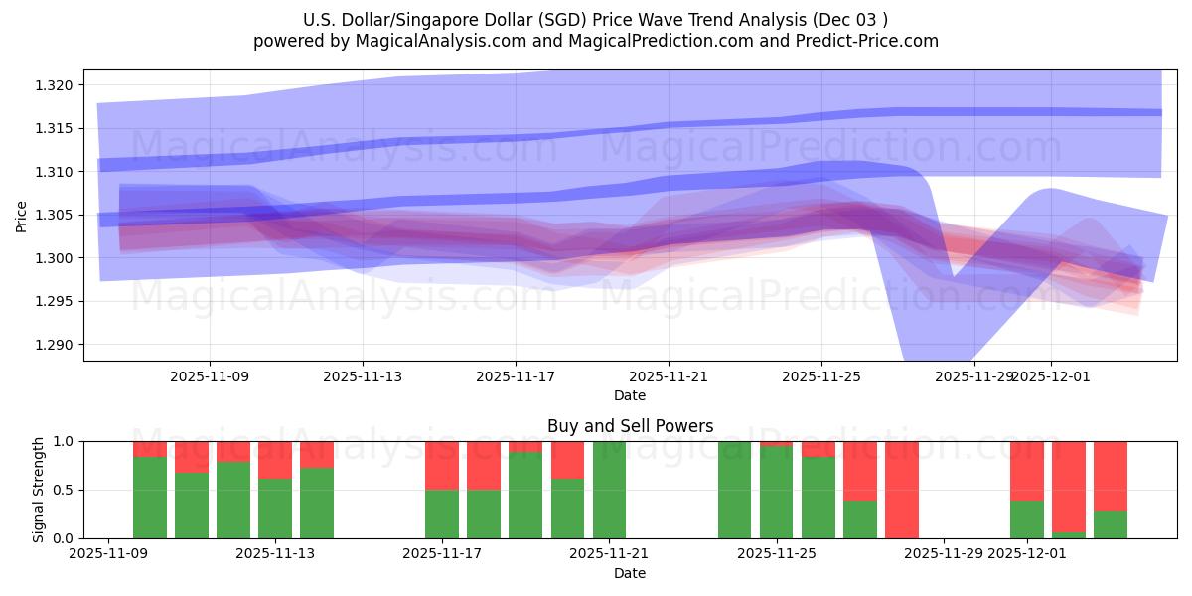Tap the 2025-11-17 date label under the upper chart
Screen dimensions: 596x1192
pyautogui.click(x=516, y=376)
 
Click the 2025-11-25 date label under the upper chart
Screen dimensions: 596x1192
pyautogui.click(x=821, y=376)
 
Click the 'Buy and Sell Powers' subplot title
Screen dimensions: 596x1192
pyautogui.click(x=630, y=426)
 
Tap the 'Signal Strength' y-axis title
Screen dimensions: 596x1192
pyautogui.click(x=39, y=490)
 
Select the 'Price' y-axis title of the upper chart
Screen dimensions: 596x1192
pyautogui.click(x=22, y=215)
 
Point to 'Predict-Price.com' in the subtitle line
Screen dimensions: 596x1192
pyautogui.click(x=869, y=41)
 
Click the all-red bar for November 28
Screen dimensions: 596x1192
pyautogui.click(x=902, y=490)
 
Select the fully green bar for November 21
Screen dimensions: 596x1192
pyautogui.click(x=609, y=490)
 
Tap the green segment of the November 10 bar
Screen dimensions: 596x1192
pyautogui.click(x=150, y=498)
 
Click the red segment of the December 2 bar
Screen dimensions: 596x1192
pyautogui.click(x=1069, y=487)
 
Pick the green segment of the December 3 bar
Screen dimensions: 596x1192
pyautogui.click(x=1111, y=524)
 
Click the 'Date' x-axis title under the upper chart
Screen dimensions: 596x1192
pyautogui.click(x=630, y=395)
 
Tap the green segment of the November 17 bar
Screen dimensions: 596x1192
pyautogui.click(x=442, y=514)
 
